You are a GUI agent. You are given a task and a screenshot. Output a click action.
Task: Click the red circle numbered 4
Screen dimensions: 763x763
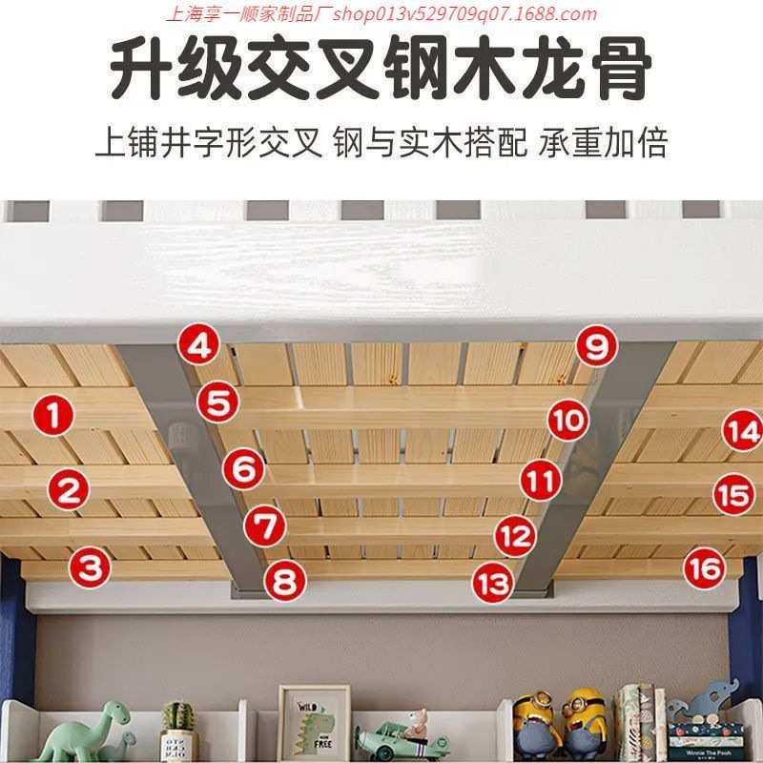(198, 345)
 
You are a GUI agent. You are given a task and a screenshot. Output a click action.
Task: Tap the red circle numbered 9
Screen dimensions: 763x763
(596, 346)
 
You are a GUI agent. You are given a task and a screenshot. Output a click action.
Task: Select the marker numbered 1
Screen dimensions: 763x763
(54, 415)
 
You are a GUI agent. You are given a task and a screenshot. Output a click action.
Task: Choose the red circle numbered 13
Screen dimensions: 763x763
(493, 581)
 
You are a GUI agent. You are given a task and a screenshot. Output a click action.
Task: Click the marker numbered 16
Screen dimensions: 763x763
(705, 569)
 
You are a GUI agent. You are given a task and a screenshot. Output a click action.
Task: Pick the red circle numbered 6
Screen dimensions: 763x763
(243, 468)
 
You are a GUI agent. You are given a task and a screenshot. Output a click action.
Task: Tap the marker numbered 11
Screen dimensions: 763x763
(540, 480)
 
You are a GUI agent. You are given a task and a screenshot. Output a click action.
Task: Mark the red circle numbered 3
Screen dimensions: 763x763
(89, 568)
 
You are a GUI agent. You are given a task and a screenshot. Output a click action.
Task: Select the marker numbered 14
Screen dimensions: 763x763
(740, 431)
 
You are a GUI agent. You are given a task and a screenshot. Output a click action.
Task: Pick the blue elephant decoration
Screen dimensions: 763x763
(713, 704)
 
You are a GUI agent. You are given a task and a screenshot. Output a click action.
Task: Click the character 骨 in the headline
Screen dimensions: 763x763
(619, 70)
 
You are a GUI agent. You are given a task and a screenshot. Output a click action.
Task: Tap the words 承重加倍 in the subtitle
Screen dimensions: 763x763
(602, 144)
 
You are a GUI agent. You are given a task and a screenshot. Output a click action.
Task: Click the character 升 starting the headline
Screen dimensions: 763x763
(141, 70)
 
